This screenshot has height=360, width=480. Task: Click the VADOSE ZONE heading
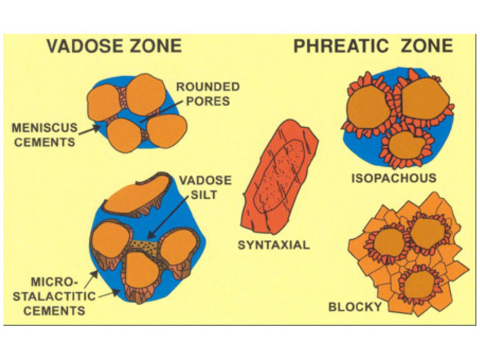pyautogui.click(x=114, y=46)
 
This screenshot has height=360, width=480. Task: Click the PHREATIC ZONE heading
pyautogui.click(x=373, y=46)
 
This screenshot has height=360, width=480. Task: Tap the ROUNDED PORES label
pyautogui.click(x=208, y=94)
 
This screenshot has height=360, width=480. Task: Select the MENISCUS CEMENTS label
pyautogui.click(x=45, y=135)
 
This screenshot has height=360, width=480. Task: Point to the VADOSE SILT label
pyautogui.click(x=206, y=187)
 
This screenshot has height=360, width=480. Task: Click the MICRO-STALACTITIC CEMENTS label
pyautogui.click(x=54, y=296)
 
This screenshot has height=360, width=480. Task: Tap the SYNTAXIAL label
pyautogui.click(x=274, y=245)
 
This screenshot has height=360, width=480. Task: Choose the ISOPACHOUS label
pyautogui.click(x=394, y=178)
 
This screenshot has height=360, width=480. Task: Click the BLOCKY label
pyautogui.click(x=355, y=306)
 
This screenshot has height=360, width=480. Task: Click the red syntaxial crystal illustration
pyautogui.click(x=280, y=177)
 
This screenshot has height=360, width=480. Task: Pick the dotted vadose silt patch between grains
pyautogui.click(x=144, y=247)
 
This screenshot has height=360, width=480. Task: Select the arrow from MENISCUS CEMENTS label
pyautogui.click(x=89, y=130)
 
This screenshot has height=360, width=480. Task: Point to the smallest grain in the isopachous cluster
pyautogui.click(x=406, y=146)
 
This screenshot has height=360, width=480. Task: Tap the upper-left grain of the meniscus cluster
pyautogui.click(x=104, y=102)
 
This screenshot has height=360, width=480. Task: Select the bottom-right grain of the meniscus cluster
pyautogui.click(x=167, y=131)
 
